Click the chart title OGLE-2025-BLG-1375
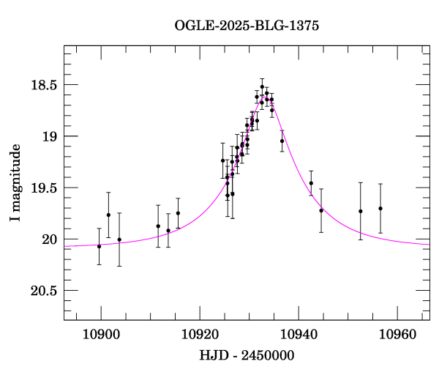247,26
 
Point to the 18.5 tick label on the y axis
43,85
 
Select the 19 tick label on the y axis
49,136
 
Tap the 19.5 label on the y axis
43,188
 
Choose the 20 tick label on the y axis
49,240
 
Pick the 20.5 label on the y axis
43,291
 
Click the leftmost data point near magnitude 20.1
100,246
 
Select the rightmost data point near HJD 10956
380,208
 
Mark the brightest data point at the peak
262,86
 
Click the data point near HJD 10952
361,211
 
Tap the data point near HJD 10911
158,226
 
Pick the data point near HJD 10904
119,240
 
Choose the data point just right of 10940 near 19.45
311,183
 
